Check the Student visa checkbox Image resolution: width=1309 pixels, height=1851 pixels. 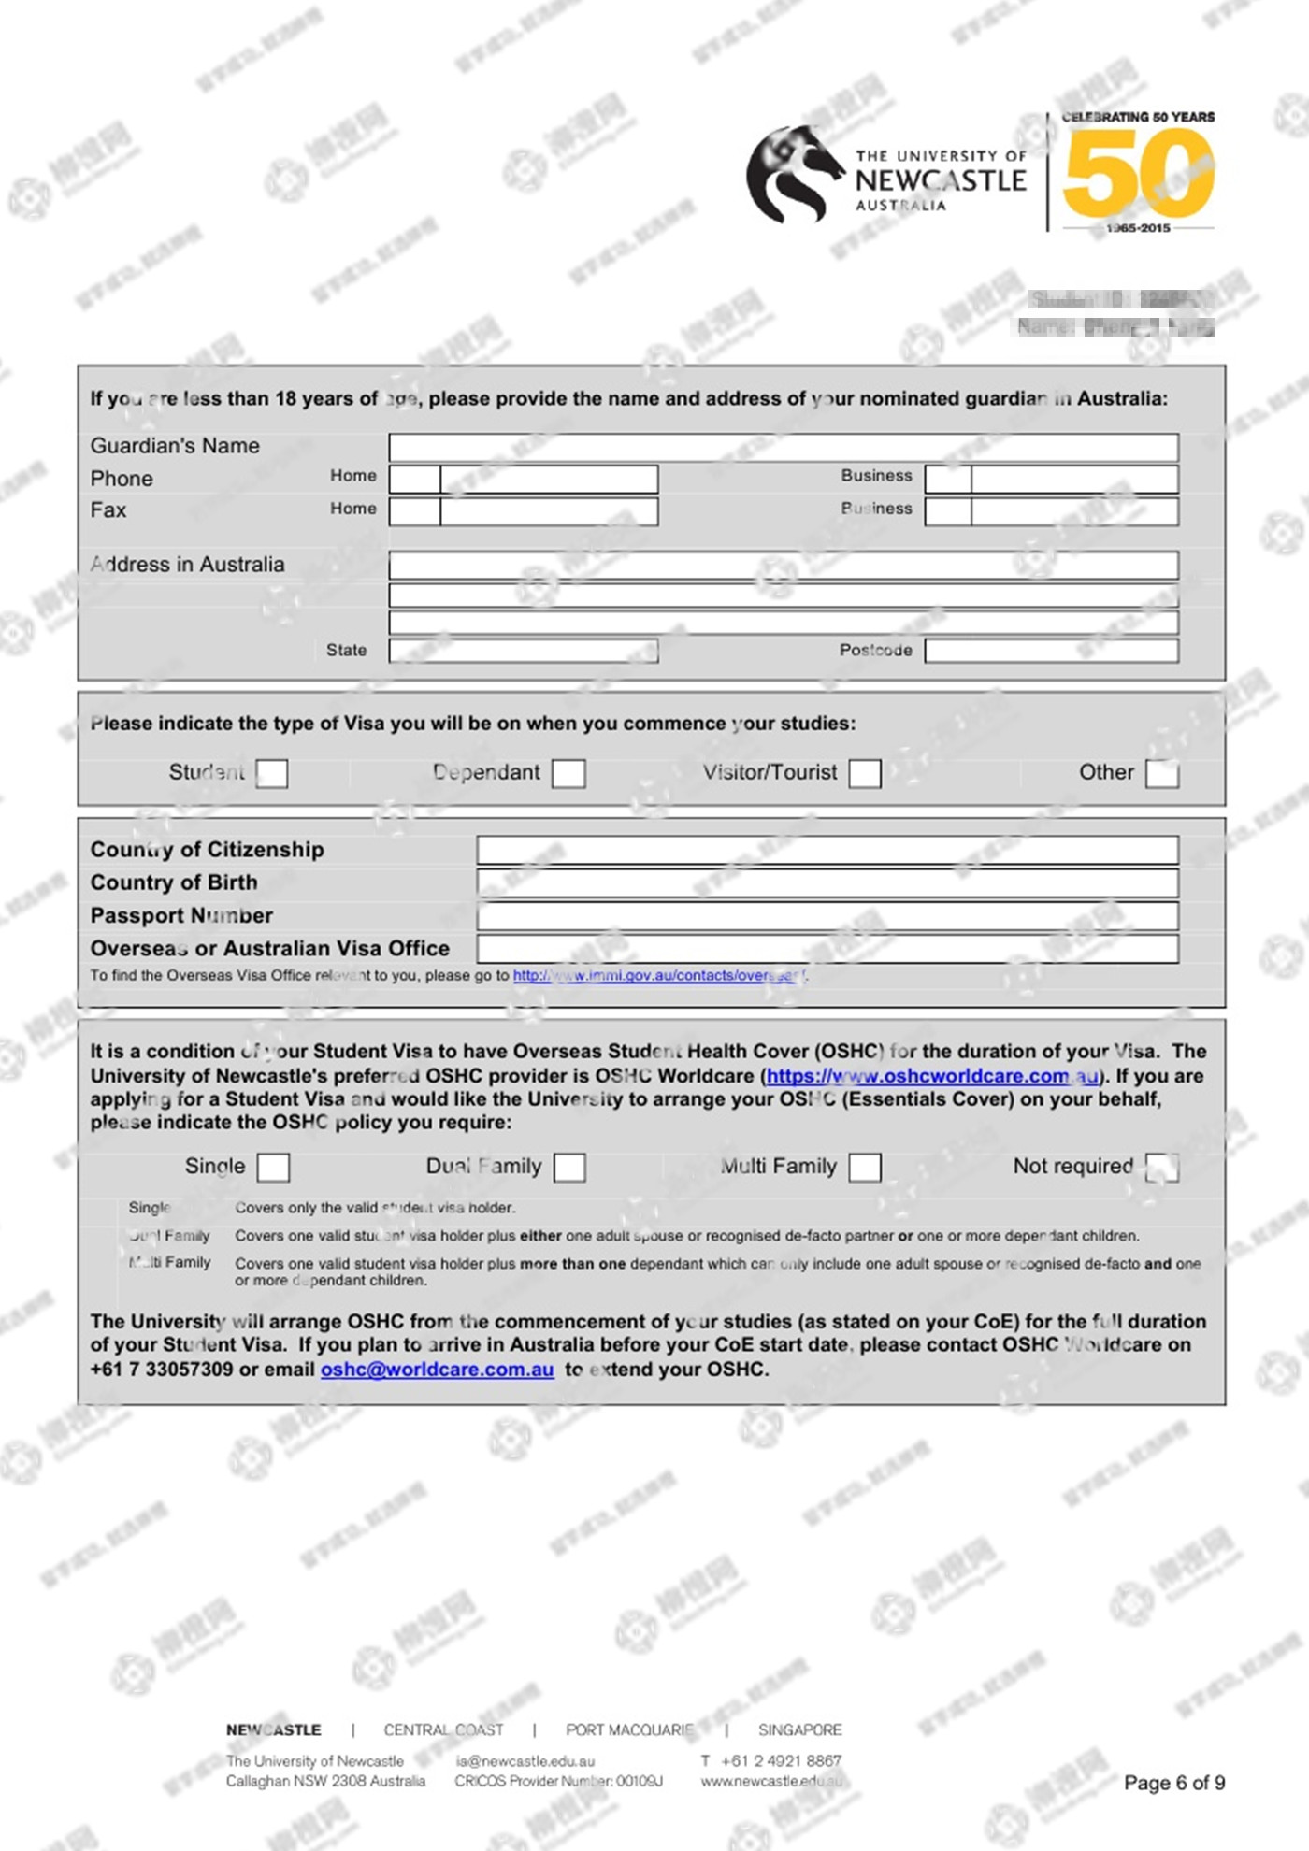[272, 773]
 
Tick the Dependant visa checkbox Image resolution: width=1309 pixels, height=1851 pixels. [568, 773]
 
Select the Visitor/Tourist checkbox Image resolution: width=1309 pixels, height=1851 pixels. [865, 773]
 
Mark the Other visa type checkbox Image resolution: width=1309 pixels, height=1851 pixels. [1162, 773]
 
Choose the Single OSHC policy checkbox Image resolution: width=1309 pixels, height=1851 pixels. [273, 1167]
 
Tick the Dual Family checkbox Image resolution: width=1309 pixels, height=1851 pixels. [569, 1167]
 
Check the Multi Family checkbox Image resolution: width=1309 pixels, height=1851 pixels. [865, 1167]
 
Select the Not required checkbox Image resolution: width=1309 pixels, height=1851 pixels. [1162, 1167]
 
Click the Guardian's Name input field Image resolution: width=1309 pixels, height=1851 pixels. [783, 447]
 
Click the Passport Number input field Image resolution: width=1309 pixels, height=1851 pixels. [827, 916]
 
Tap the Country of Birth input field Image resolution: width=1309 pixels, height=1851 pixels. [827, 882]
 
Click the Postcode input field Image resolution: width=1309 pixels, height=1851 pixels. [1051, 651]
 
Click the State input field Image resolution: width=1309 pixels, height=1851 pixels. [523, 651]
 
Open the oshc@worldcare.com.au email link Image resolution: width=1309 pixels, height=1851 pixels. [437, 1370]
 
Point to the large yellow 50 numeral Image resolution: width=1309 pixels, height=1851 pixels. [1139, 174]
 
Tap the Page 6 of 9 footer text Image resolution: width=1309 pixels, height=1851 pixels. [1173, 1783]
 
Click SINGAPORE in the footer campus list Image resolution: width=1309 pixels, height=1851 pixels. [799, 1729]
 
